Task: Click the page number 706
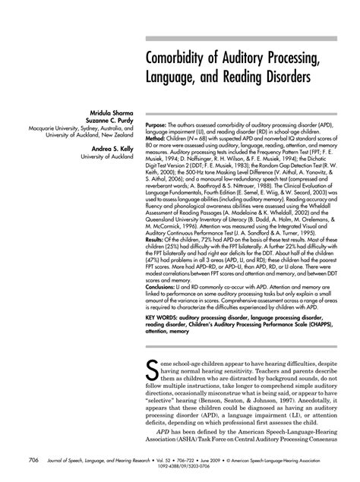34,459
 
